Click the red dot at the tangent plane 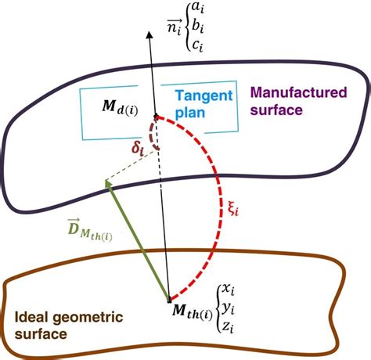pos(157,117)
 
